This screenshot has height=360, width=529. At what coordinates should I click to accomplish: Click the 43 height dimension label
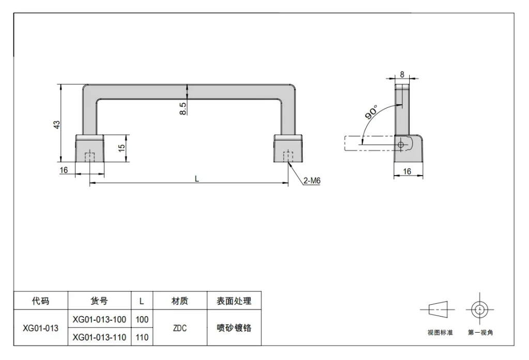pos(57,124)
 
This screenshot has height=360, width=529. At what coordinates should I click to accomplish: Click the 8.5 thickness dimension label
pos(182,108)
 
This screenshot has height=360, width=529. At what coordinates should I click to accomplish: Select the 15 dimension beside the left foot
pos(122,147)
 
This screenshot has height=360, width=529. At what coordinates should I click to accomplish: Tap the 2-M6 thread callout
pos(312,181)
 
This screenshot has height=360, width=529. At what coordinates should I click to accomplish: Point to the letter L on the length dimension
pos(197,179)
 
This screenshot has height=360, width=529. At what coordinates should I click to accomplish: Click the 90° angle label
pos(371,112)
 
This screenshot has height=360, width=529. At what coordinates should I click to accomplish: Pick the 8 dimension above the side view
pos(402,74)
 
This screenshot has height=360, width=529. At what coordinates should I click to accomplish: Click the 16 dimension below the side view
pos(407,171)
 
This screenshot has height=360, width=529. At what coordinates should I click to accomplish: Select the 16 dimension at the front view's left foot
pos(64,170)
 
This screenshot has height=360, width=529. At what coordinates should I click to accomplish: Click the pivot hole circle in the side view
pos(401,145)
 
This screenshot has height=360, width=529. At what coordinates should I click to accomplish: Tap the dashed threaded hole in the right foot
pos(288,157)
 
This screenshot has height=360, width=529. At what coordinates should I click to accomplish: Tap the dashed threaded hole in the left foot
pos(90,157)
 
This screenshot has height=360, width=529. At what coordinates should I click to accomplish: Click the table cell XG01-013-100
pos(99,319)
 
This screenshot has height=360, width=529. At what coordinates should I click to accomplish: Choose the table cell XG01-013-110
pos(99,337)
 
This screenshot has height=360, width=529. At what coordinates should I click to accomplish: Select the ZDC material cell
pos(180,328)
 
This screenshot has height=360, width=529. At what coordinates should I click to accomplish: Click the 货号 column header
pos(99,301)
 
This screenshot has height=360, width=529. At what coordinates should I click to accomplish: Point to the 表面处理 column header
pos(234,301)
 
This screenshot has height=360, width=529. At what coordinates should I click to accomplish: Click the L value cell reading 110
pos(142,337)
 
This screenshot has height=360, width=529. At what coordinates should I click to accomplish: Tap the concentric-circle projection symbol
pos(479,309)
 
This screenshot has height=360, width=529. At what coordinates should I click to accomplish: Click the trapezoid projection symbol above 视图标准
pos(438,309)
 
